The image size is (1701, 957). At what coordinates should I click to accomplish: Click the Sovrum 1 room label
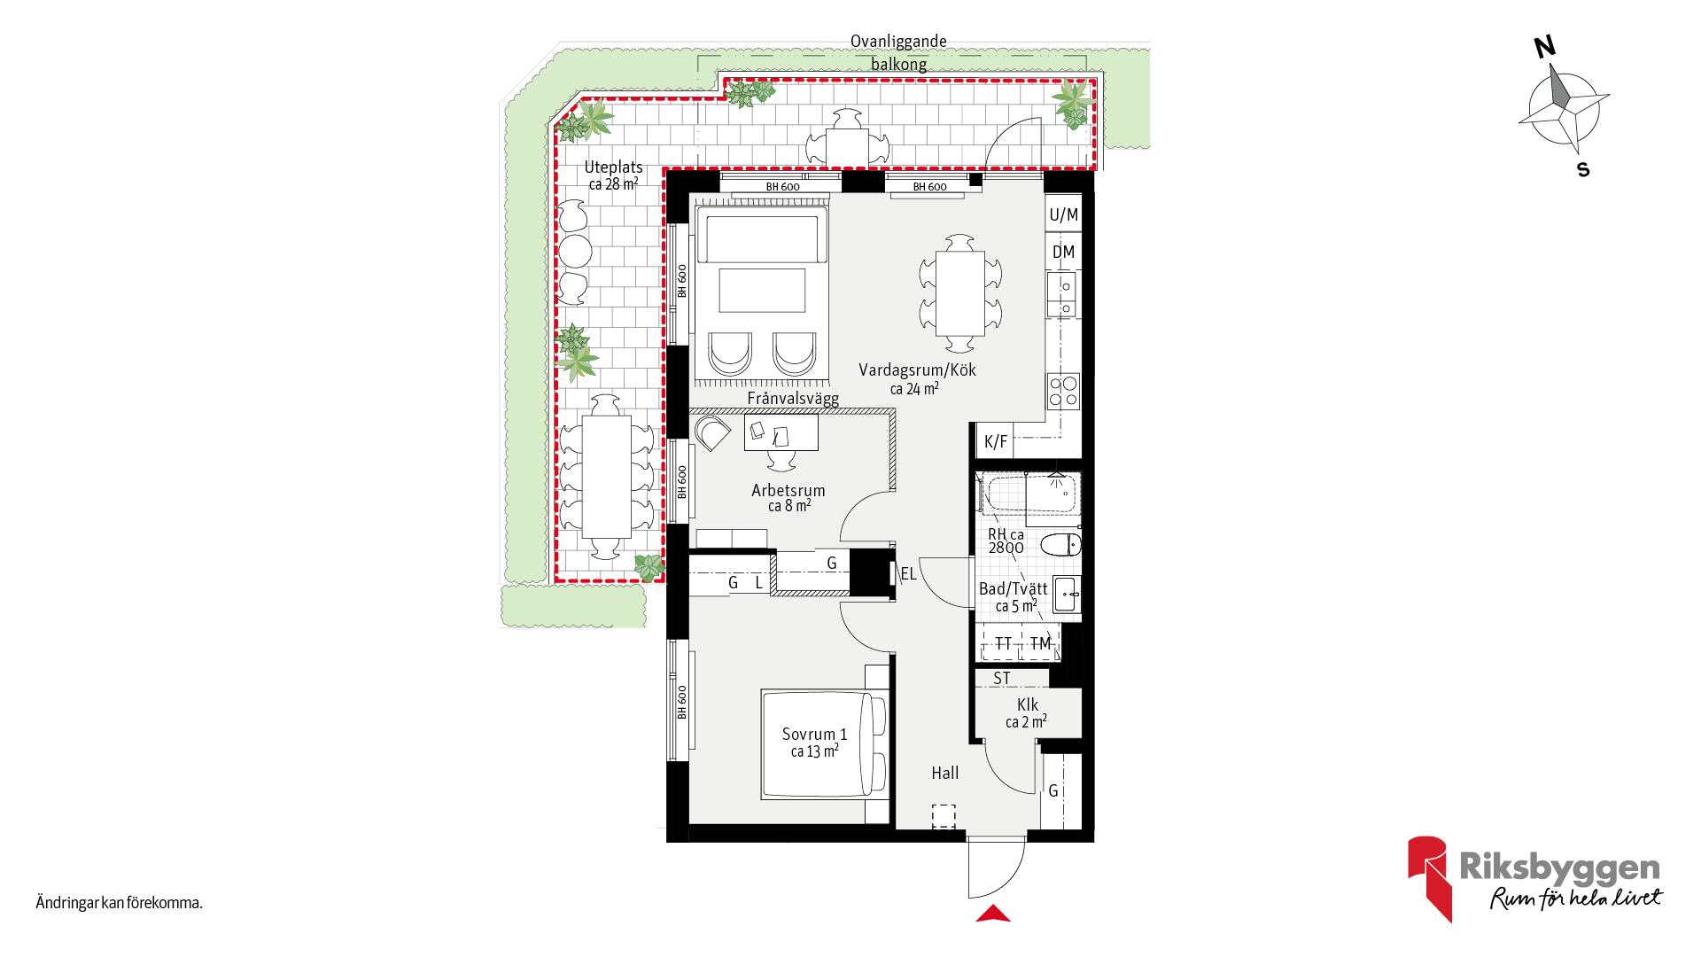tap(814, 735)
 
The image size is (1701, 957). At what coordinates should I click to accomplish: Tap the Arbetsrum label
tap(788, 490)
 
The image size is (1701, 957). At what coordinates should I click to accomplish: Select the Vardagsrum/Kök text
tap(917, 370)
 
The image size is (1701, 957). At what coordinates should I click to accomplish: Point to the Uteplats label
tap(613, 167)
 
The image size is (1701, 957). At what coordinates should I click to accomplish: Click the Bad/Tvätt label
tap(1013, 589)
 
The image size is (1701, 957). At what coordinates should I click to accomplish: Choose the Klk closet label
tap(1028, 704)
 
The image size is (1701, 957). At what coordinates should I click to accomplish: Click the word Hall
tap(944, 773)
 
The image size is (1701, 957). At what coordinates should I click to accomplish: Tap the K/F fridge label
tap(996, 441)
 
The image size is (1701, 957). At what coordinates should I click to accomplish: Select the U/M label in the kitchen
tap(1063, 214)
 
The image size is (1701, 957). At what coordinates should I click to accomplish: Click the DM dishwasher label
tap(1063, 252)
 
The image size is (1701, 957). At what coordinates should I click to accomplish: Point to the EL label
tap(908, 574)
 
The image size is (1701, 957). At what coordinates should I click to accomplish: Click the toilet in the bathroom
tap(1060, 544)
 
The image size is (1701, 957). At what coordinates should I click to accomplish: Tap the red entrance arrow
tap(993, 914)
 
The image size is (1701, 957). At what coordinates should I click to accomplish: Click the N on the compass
tap(1545, 47)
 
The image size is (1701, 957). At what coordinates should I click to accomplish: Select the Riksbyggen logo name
tap(1559, 868)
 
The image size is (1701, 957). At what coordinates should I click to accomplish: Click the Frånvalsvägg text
tap(793, 399)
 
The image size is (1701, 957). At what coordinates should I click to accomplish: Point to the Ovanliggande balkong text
tap(898, 52)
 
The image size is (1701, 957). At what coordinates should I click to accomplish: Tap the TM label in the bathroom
tap(1040, 643)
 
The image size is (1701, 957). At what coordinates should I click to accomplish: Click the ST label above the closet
tap(1002, 679)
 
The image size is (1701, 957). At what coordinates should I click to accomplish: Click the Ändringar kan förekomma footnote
tap(120, 903)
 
